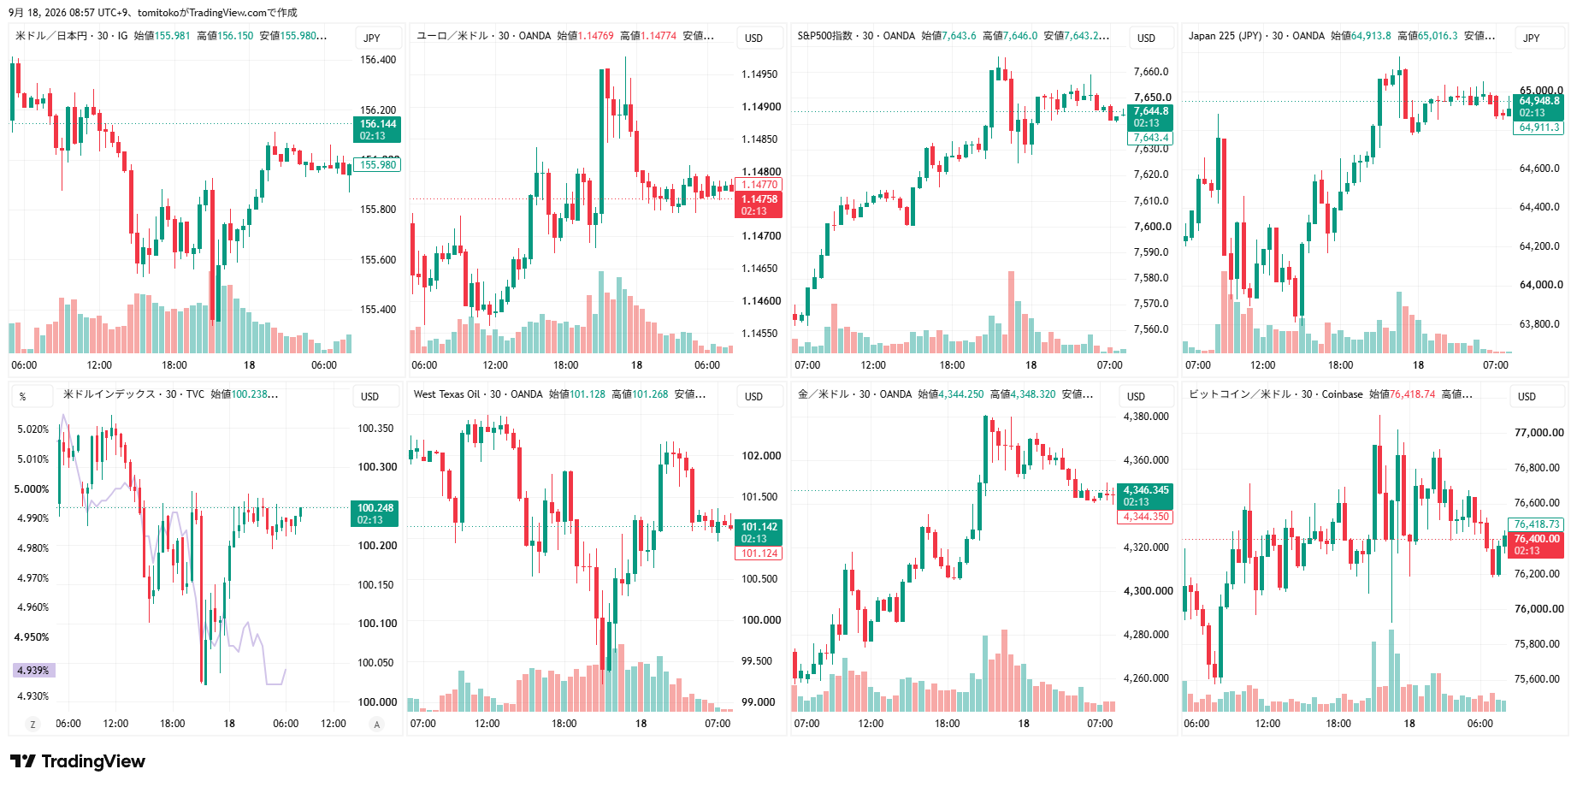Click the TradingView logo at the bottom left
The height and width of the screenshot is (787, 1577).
tap(78, 761)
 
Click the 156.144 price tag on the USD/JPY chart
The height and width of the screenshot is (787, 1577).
tap(377, 130)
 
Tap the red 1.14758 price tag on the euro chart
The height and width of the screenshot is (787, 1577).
tap(759, 205)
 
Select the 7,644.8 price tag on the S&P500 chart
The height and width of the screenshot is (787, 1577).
tap(1150, 117)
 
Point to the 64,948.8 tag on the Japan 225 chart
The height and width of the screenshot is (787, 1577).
tap(1539, 107)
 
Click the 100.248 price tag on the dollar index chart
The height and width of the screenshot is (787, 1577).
tap(375, 514)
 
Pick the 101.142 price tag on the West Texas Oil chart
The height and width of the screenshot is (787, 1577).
tap(759, 533)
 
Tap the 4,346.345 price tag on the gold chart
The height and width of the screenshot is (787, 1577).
tap(1145, 496)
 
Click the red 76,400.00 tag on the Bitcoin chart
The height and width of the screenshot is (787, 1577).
tap(1537, 545)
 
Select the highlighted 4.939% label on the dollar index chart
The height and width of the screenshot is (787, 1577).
tap(33, 671)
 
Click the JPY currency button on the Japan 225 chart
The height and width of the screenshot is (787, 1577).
tap(1532, 38)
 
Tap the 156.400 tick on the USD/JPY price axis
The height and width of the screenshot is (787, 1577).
tap(378, 60)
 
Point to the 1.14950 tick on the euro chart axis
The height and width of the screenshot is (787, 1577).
tap(759, 74)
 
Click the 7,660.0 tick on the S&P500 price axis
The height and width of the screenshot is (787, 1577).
tap(1151, 72)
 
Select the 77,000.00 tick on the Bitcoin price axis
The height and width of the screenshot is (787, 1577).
tap(1539, 433)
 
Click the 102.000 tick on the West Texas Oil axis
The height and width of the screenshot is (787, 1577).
tap(761, 456)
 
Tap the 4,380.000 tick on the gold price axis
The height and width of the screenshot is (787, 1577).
tap(1146, 417)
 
